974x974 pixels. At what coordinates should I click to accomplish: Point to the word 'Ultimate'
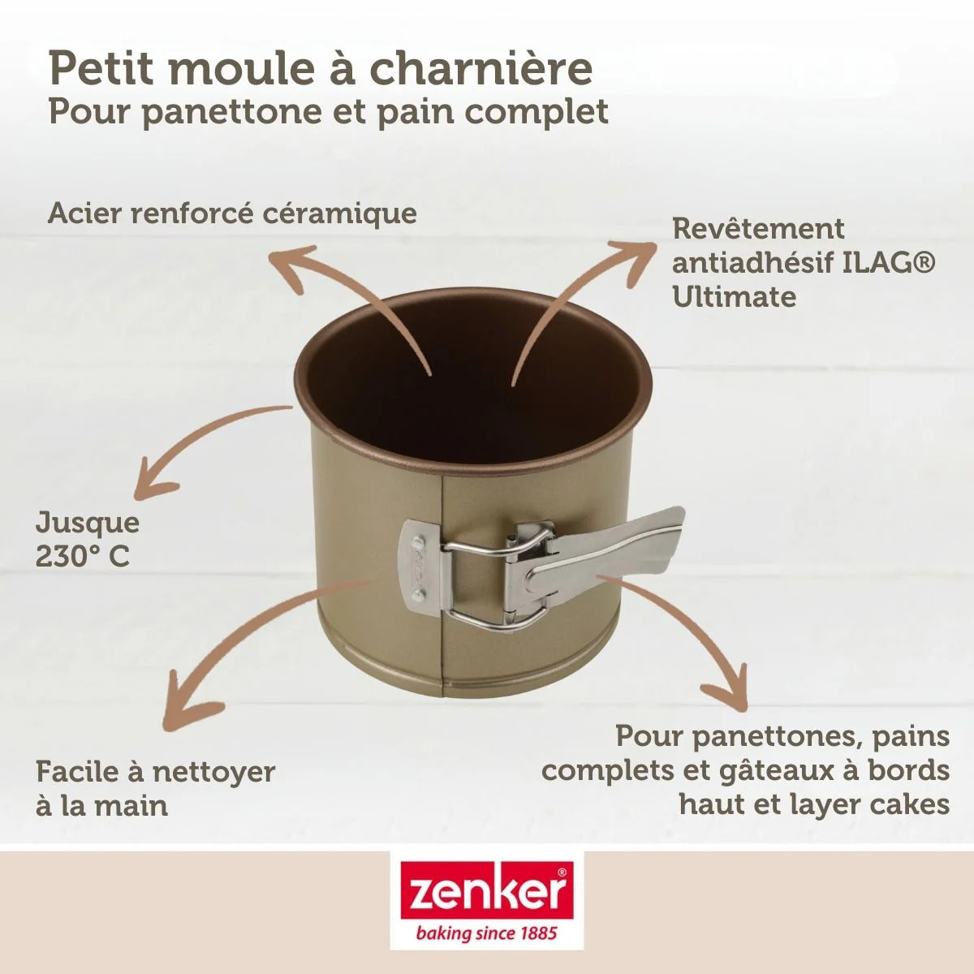[x=734, y=297]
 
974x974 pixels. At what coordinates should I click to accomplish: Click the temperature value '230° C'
[x=82, y=557]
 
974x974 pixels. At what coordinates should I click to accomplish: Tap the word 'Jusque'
[x=87, y=522]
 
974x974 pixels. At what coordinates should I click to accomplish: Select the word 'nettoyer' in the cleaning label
[x=213, y=771]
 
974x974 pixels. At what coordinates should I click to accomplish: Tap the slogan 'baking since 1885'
[x=486, y=933]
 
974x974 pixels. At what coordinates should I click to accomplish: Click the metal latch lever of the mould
[x=605, y=552]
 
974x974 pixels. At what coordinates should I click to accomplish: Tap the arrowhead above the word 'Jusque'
[x=151, y=483]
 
